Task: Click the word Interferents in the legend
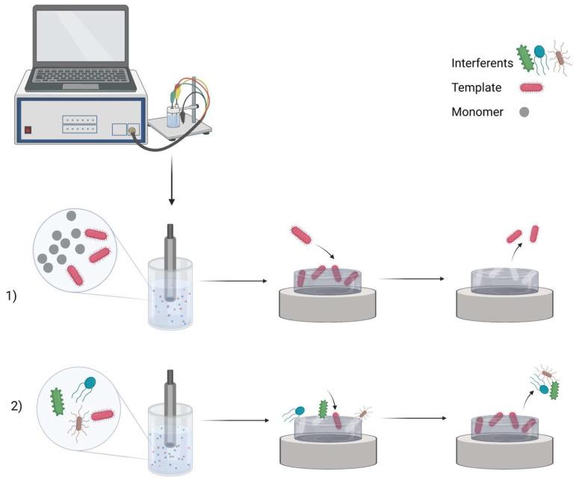pyautogui.click(x=481, y=63)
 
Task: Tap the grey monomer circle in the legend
pyautogui.click(x=524, y=112)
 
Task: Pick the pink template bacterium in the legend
pyautogui.click(x=531, y=88)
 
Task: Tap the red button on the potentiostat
pyautogui.click(x=28, y=129)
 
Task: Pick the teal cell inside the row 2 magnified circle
pyautogui.click(x=90, y=382)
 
